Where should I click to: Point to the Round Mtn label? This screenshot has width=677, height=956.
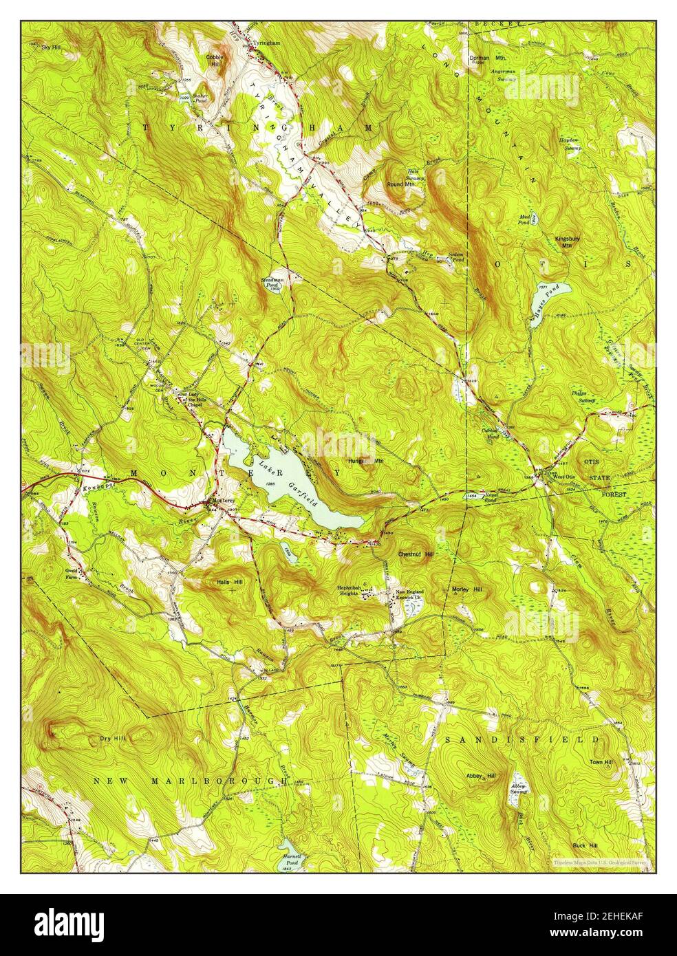pos(400,184)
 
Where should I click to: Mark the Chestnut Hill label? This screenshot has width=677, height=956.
pos(416,554)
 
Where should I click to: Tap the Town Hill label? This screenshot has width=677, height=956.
pos(601,762)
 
